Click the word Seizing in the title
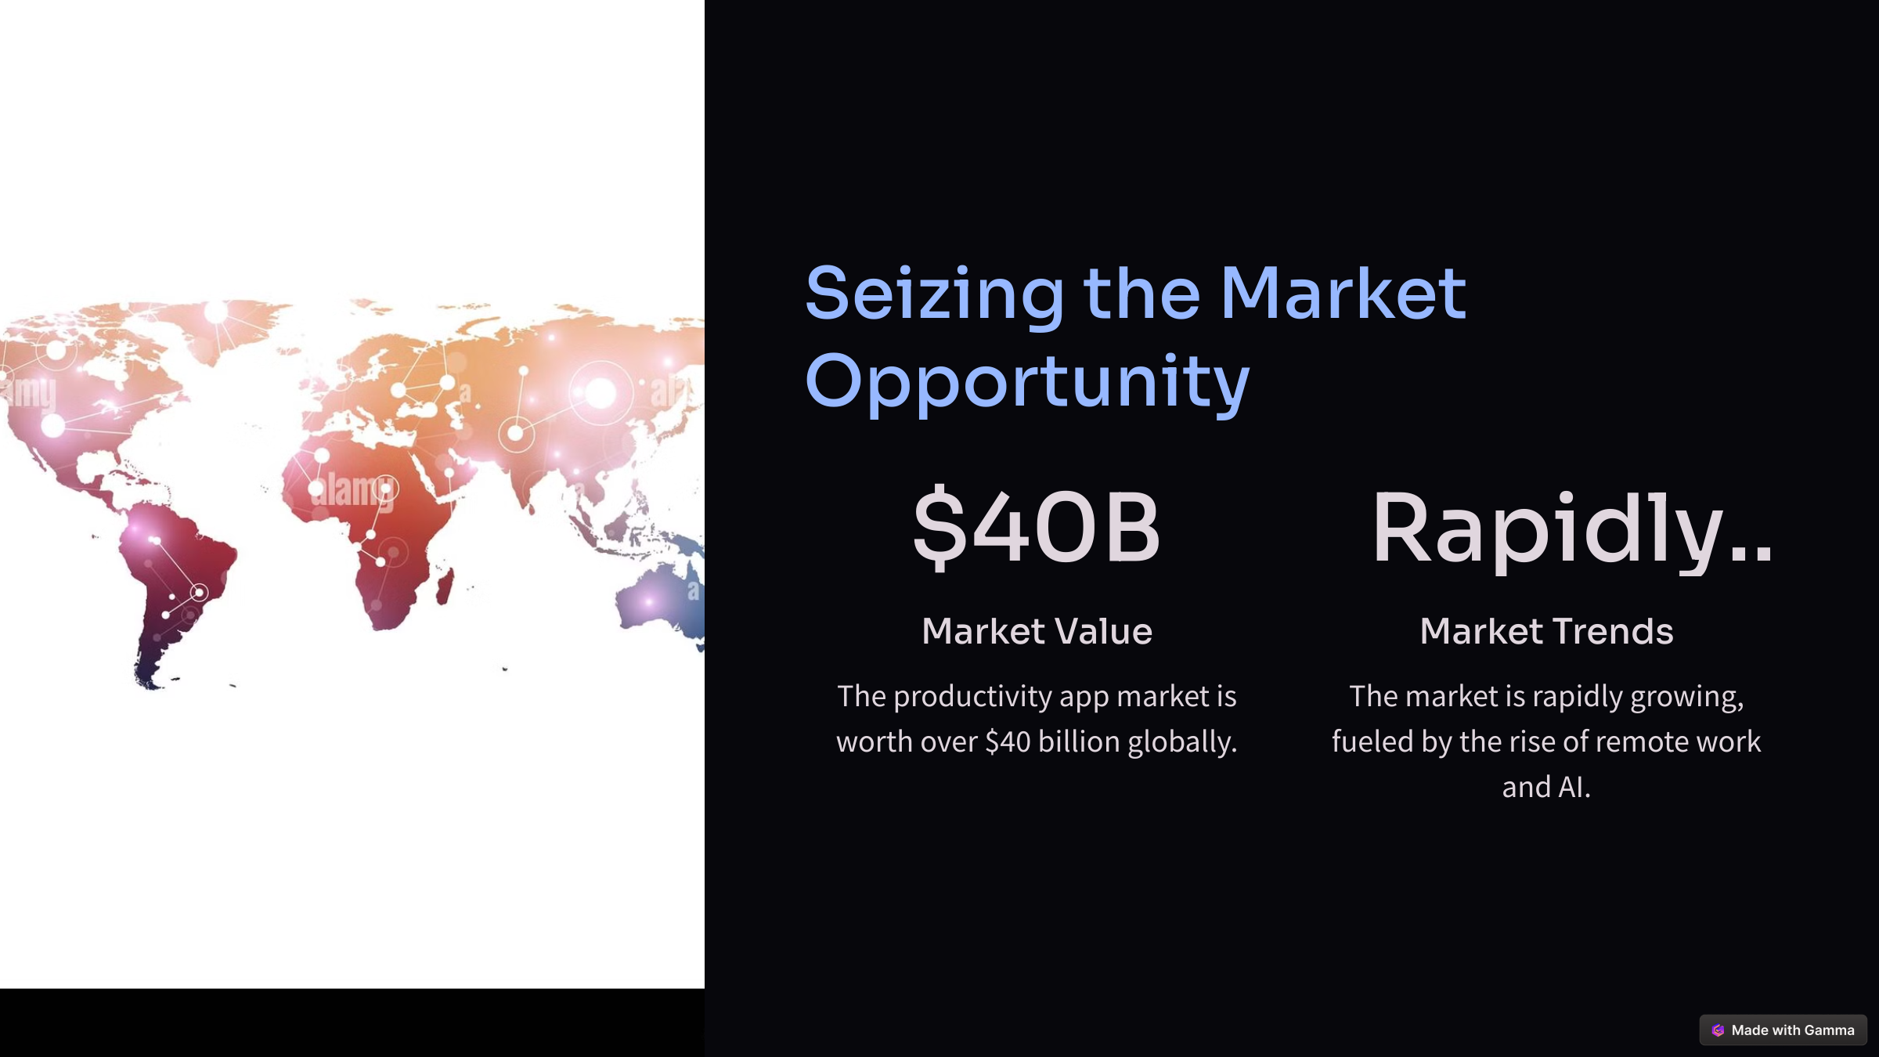[935, 294]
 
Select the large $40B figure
[1037, 528]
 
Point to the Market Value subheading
[1037, 631]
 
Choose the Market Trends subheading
[1546, 631]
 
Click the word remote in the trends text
[1639, 741]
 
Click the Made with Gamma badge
[1783, 1030]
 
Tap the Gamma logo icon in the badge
[1718, 1030]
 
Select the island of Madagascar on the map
[445, 586]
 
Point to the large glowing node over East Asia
[600, 393]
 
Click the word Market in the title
[1343, 294]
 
